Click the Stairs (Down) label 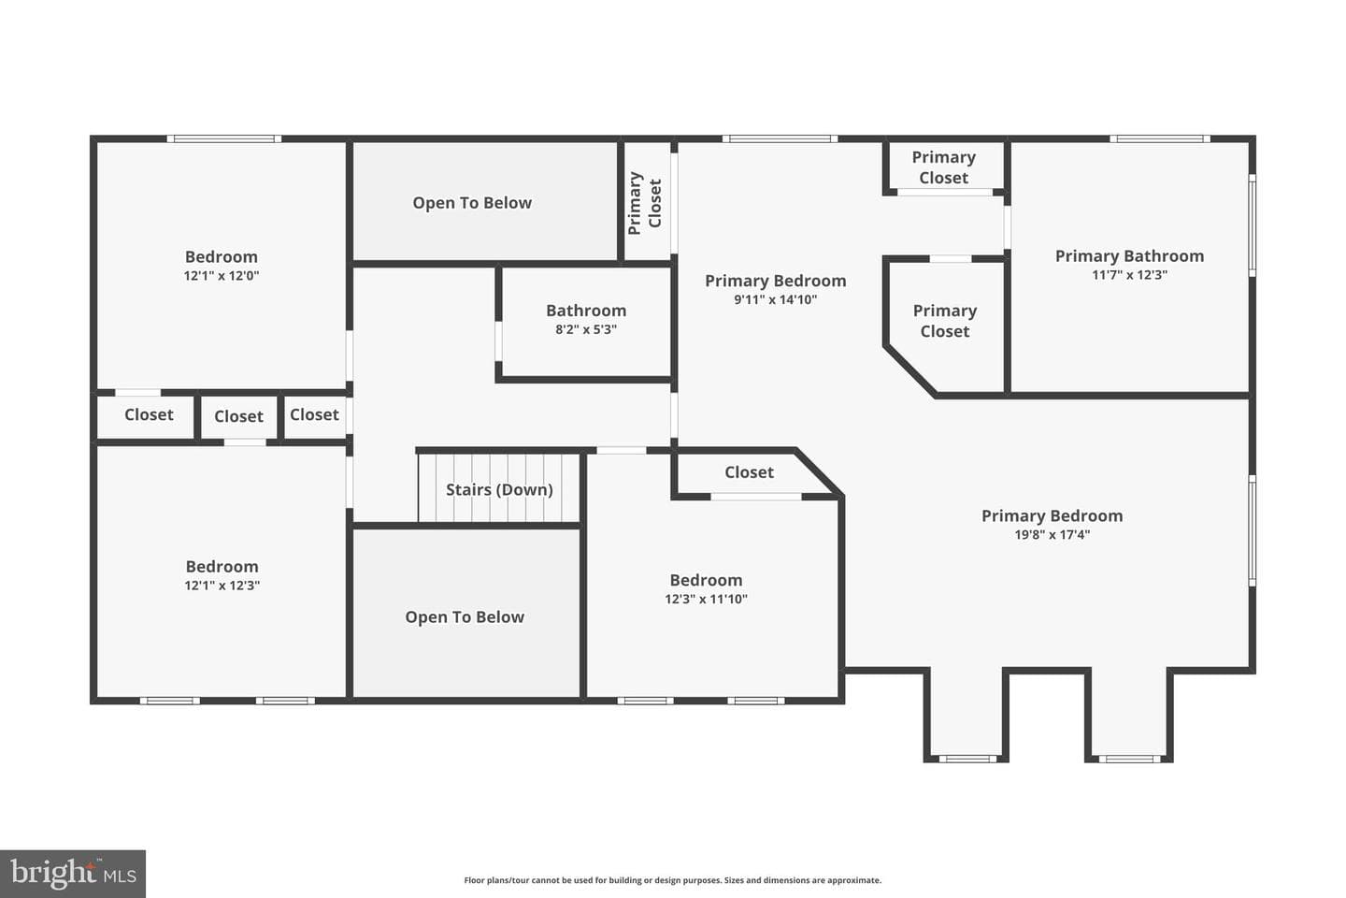point(499,489)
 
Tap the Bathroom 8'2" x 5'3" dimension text point(586,329)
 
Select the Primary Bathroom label point(1130,256)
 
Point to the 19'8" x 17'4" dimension point(1052,534)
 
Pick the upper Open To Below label point(472,203)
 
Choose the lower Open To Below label point(465,617)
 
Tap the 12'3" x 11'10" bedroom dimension point(706,599)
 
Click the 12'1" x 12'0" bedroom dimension point(222,275)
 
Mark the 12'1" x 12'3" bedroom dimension point(222,586)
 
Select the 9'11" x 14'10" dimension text point(775,299)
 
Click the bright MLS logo point(73,874)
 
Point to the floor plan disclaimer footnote point(672,880)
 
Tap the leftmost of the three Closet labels point(149,414)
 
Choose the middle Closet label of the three point(238,416)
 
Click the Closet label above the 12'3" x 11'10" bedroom point(749,472)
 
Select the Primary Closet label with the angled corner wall point(945,321)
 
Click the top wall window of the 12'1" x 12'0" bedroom point(223,139)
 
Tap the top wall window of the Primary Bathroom point(1160,139)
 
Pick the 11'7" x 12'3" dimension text point(1130,275)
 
